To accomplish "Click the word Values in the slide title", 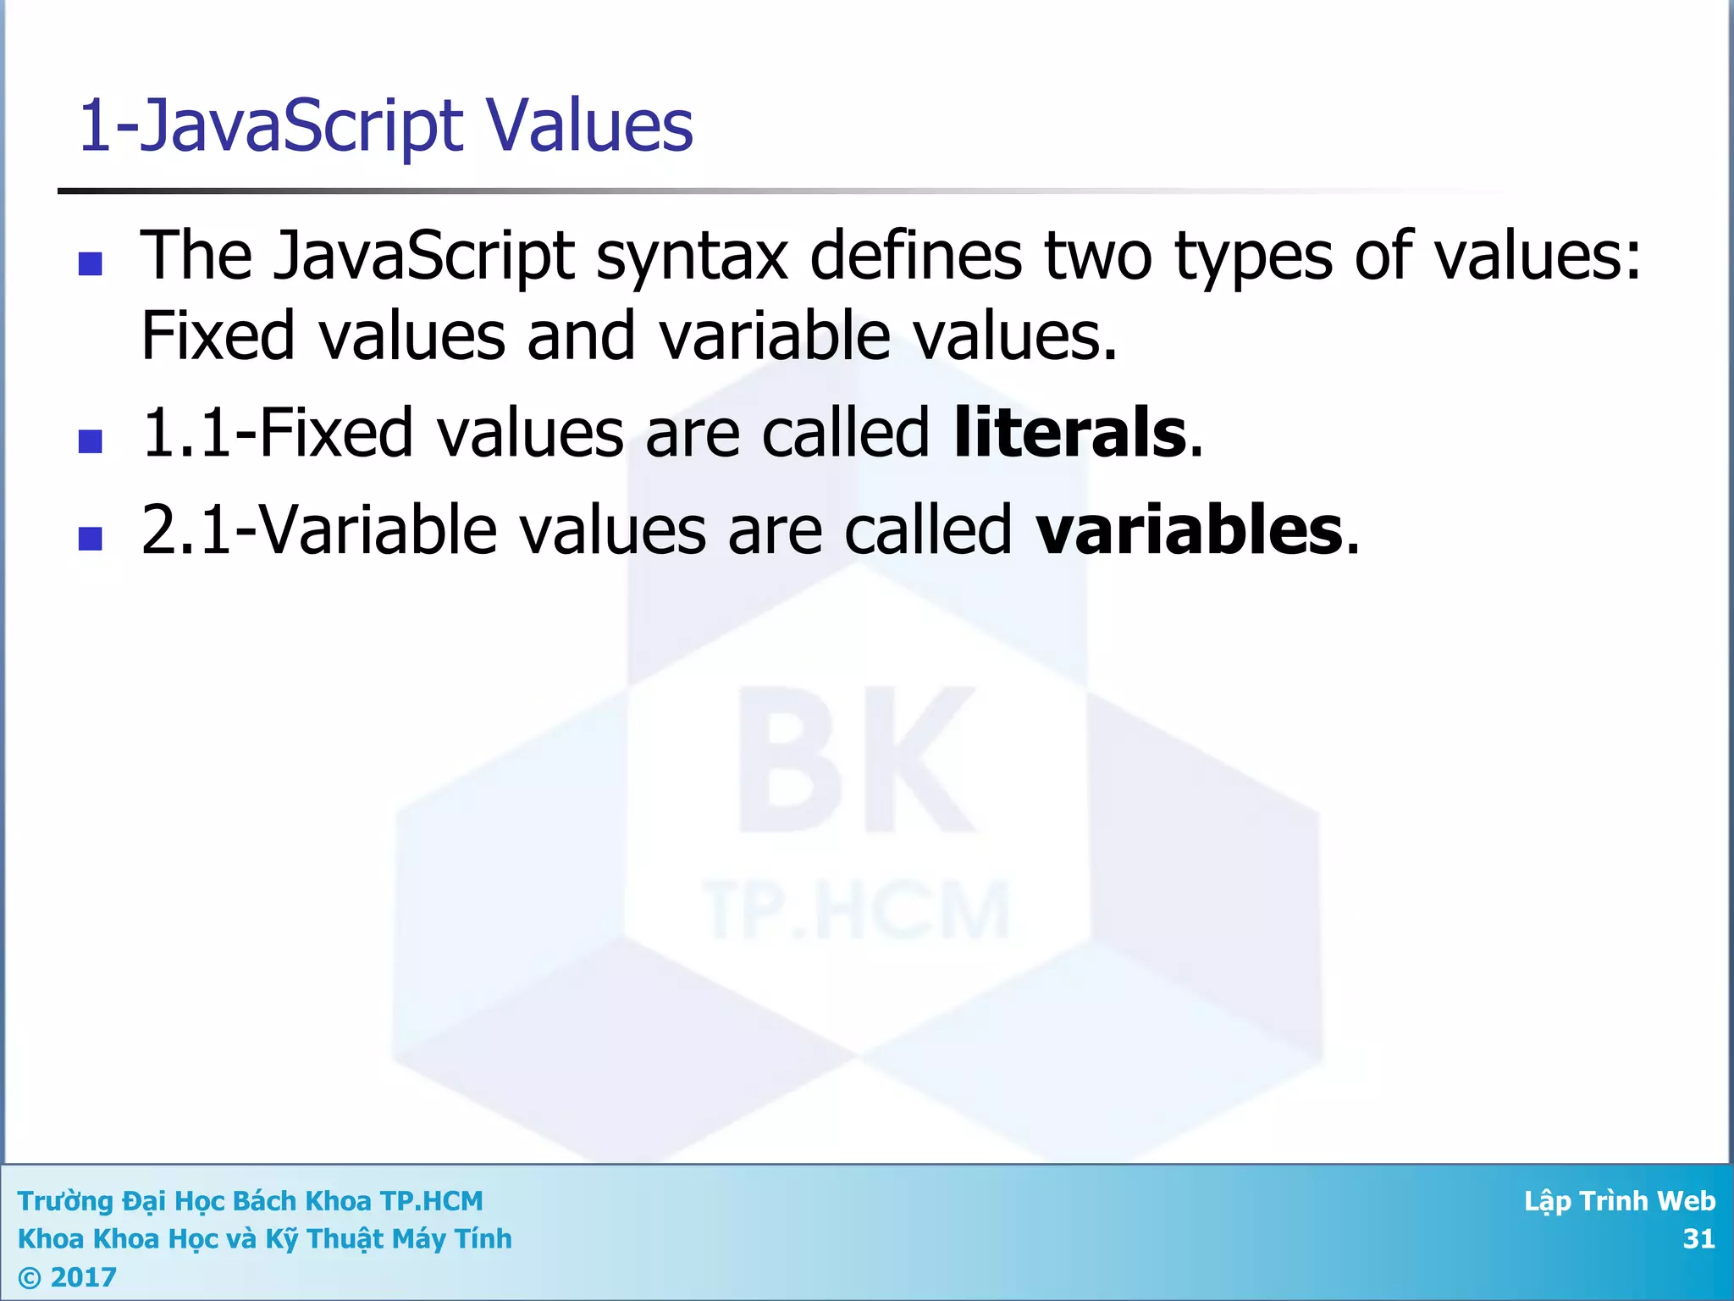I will [589, 125].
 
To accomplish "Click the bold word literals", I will [1070, 433].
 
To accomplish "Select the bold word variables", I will [1190, 530].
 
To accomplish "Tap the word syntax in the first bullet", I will [692, 257].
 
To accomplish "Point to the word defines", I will [916, 255].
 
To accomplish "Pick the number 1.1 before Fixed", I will [185, 433].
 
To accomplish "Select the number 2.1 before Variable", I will [185, 530].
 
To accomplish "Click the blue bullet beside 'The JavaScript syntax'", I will [90, 264].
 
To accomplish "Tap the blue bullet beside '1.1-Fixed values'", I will [90, 441].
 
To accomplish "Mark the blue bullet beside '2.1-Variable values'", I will [90, 539].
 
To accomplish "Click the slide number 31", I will [1698, 1239].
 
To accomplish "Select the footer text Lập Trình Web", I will [1619, 1201].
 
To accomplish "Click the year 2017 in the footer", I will [83, 1277].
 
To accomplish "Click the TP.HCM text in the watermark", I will [855, 911].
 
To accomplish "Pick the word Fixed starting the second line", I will [217, 336].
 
